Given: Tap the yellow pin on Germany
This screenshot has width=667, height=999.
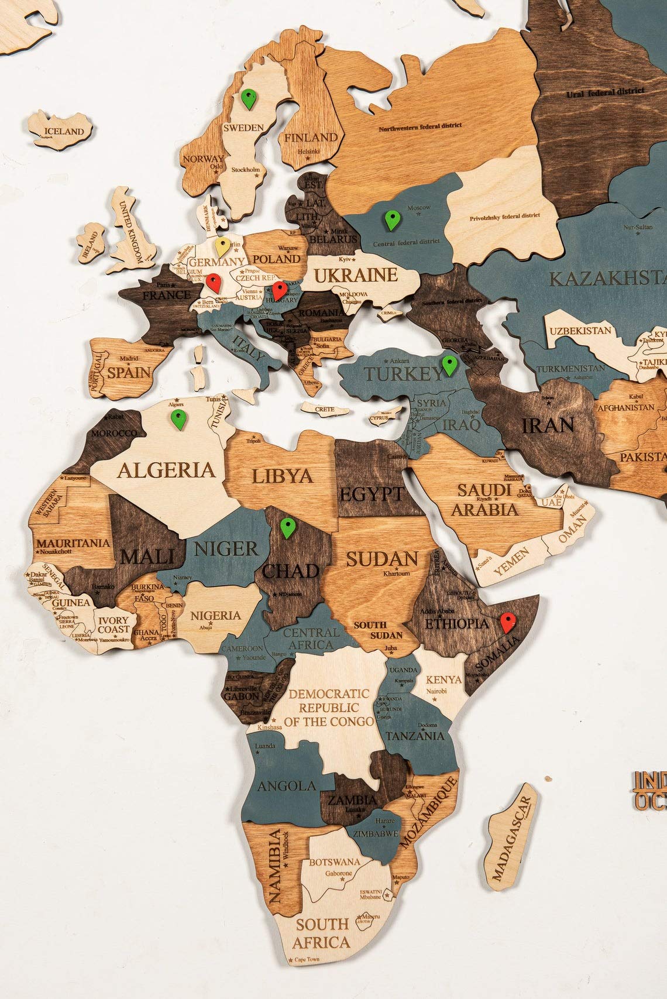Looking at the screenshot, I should coord(222,245).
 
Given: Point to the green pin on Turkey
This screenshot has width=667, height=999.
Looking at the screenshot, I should coord(449,364).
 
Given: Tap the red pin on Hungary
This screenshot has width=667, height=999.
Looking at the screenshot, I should coord(279,290).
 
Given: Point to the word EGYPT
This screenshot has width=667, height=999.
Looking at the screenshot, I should coord(372,493).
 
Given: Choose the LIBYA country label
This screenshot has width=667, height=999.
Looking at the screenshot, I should coord(283,476).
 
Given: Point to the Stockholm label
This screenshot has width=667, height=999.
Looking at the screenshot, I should coord(246,170).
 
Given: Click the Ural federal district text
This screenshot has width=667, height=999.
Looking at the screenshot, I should coord(605,92).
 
